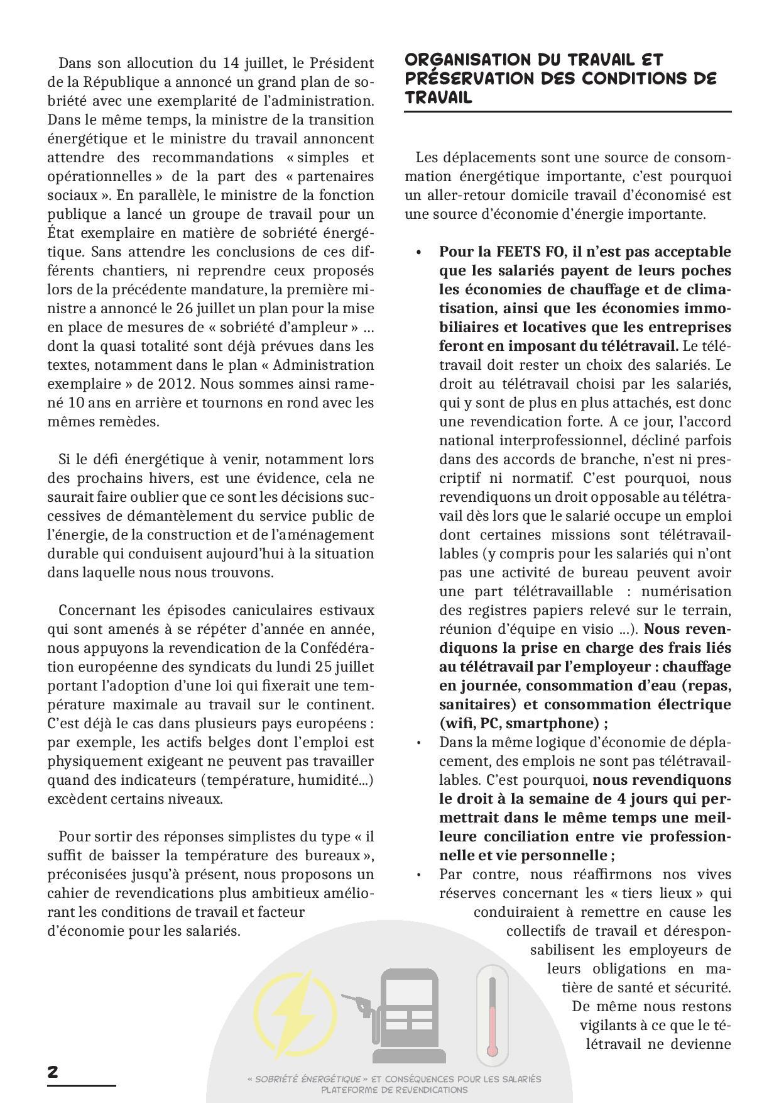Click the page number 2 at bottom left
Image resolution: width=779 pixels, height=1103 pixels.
pos(53,1072)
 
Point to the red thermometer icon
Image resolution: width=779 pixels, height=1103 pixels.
pos(492,1014)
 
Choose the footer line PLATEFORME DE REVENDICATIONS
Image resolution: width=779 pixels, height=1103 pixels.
pos(394,1090)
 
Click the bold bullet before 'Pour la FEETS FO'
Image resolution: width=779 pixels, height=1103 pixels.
pos(418,252)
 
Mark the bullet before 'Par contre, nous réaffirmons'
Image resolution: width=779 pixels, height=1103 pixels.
pos(418,875)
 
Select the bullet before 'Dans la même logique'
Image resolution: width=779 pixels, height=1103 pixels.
pos(418,743)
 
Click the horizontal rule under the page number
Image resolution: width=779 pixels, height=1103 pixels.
pos(82,1085)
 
